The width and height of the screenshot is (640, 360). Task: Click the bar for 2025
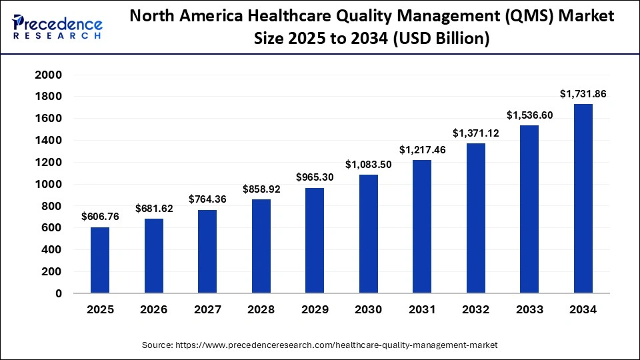[100, 259]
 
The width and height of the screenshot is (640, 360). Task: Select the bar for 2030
[368, 233]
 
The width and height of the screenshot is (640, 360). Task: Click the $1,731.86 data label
[583, 94]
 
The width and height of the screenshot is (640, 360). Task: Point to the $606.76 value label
[100, 217]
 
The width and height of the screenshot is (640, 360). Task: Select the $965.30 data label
[315, 177]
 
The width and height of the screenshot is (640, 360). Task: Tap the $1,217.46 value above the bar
[422, 150]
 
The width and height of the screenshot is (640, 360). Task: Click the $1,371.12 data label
[475, 133]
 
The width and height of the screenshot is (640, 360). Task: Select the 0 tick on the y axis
[58, 293]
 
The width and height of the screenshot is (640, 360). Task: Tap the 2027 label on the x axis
[207, 310]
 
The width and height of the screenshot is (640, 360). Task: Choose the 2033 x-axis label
[529, 310]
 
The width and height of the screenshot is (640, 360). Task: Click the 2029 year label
[315, 310]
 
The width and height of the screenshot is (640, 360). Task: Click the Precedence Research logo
[57, 26]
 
